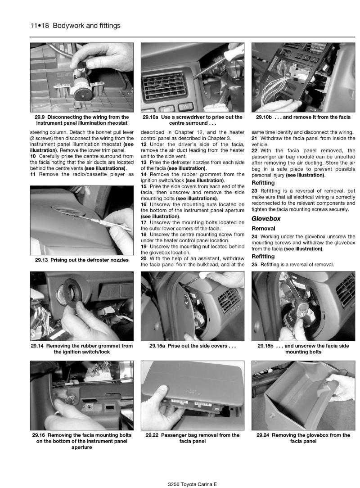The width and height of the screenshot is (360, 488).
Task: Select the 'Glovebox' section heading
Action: click(x=266, y=218)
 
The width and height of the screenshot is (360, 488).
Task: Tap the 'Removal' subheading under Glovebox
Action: click(x=263, y=228)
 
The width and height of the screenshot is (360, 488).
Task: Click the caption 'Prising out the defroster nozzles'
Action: click(x=82, y=260)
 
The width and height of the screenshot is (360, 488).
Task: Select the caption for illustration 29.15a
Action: click(x=193, y=346)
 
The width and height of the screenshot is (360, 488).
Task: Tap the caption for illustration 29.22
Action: click(x=193, y=438)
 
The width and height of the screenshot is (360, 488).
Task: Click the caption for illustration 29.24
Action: click(x=303, y=438)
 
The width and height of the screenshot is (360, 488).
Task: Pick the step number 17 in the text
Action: click(x=144, y=222)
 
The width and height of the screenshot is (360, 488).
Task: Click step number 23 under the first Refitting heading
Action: click(x=254, y=191)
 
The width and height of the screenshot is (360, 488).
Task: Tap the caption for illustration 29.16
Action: click(x=82, y=441)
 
